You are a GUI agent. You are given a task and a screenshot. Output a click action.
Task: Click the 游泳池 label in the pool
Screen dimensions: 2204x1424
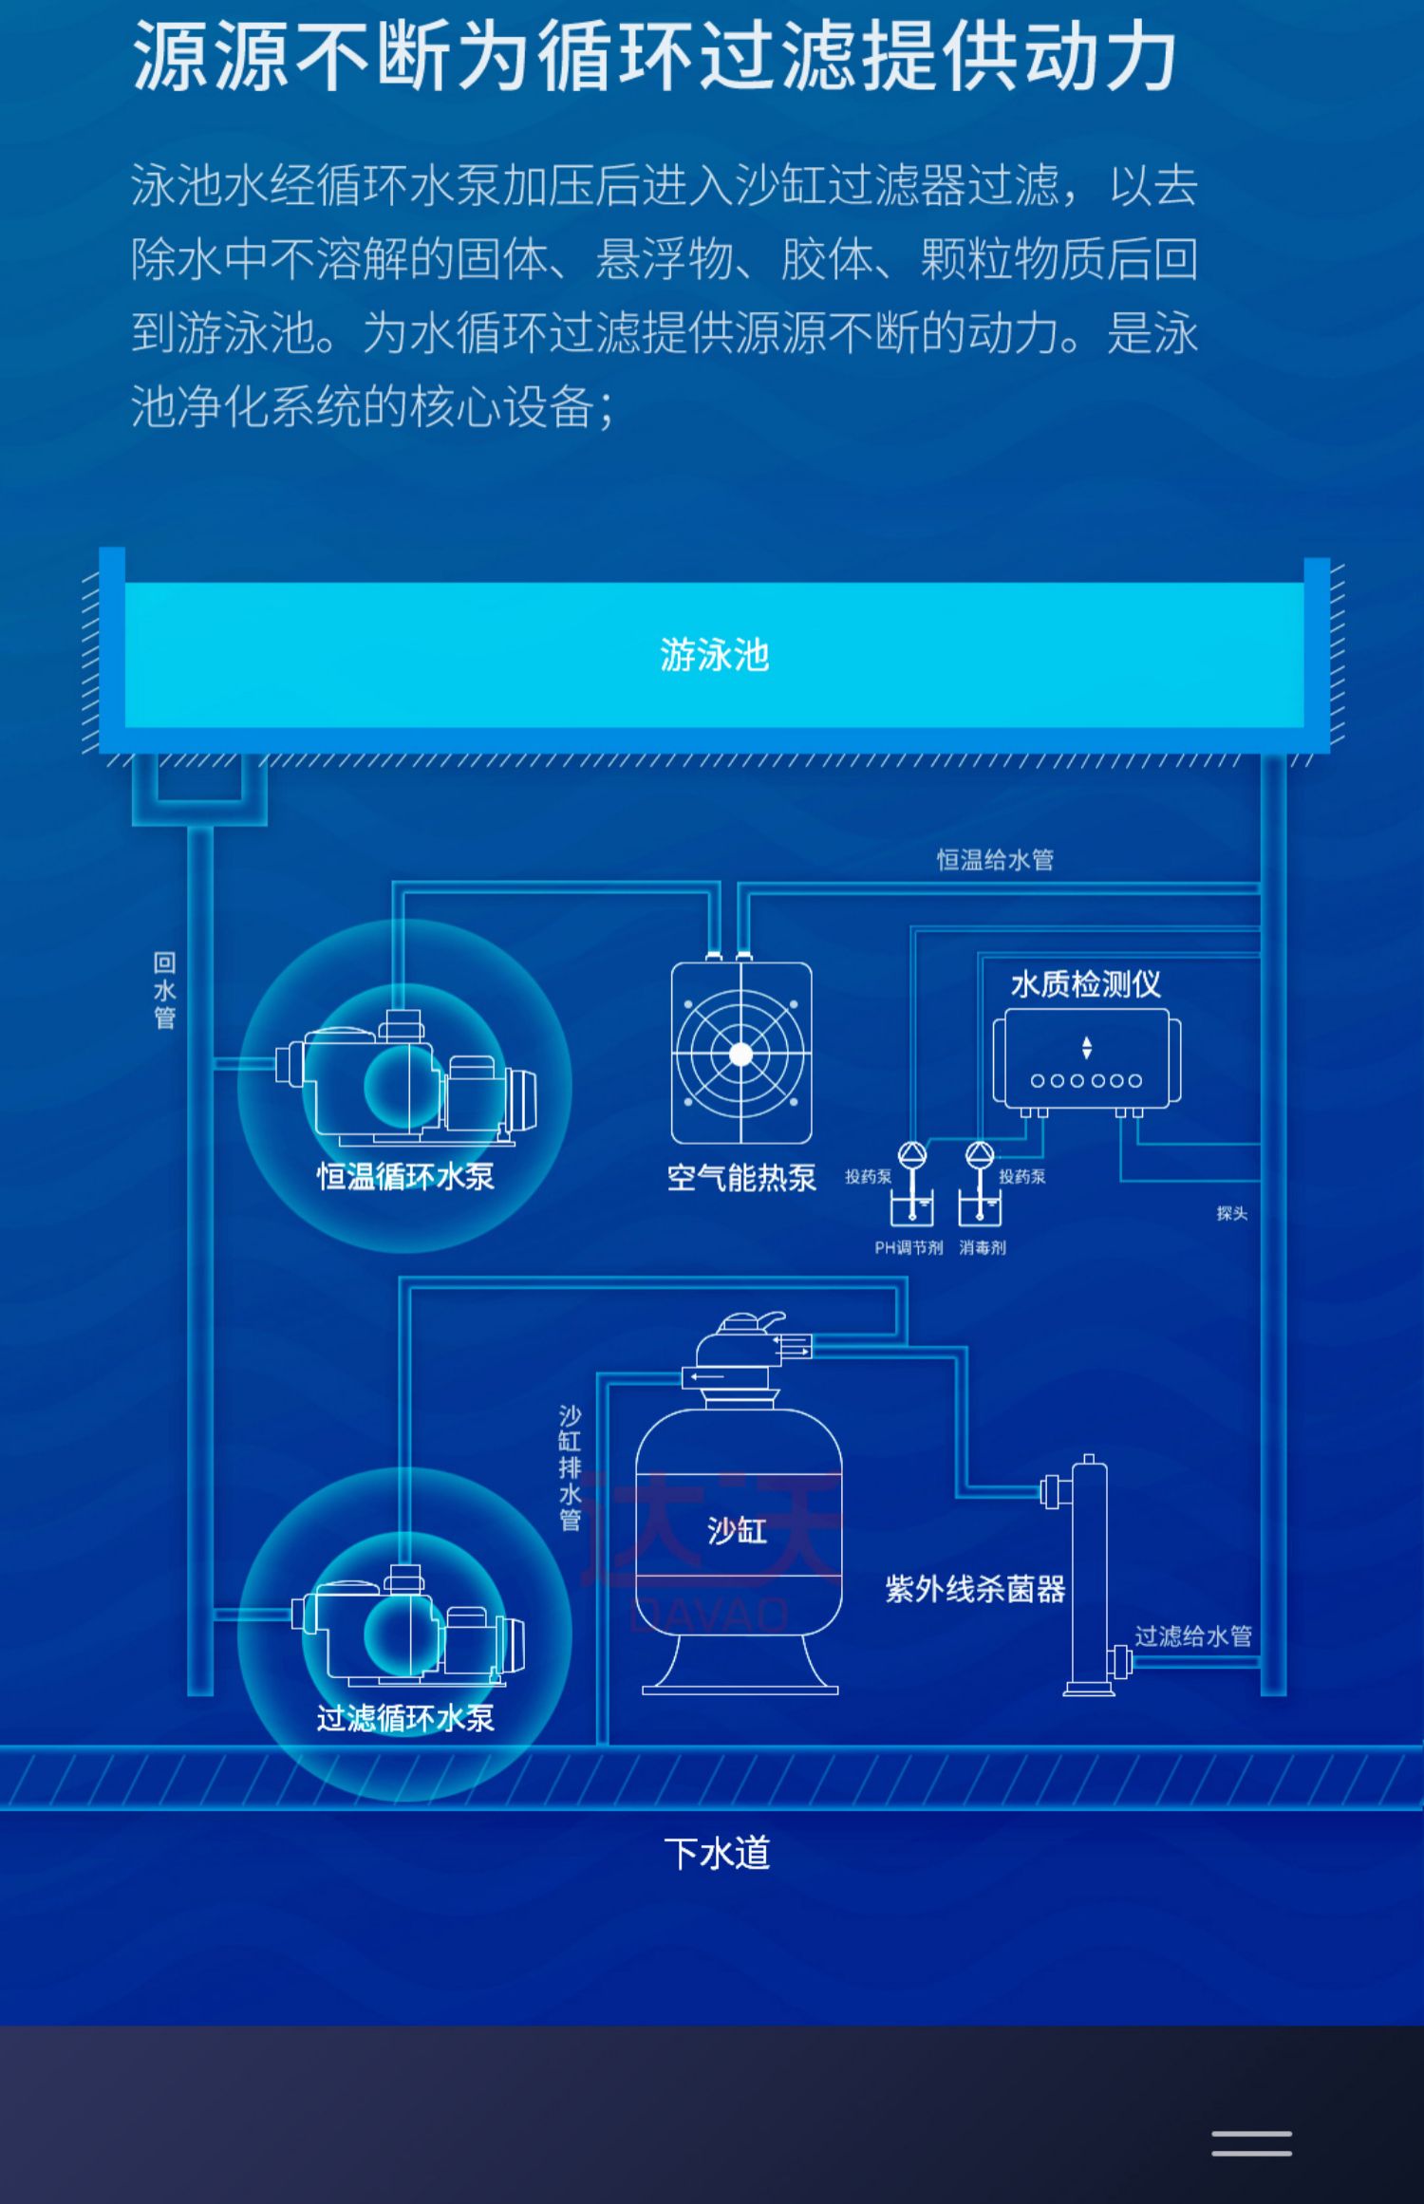[714, 655]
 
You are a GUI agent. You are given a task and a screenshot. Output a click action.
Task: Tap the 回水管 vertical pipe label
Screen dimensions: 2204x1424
[164, 991]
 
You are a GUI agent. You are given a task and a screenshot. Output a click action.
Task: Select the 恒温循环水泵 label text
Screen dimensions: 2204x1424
[405, 1177]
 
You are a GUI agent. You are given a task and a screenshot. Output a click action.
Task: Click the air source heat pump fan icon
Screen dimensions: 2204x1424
[741, 1054]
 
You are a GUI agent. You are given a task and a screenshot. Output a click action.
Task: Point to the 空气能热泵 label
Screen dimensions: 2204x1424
[741, 1178]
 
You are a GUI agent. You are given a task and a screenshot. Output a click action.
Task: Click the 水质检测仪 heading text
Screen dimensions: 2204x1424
[1085, 984]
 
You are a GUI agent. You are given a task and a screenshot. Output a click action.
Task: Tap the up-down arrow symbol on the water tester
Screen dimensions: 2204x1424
[1087, 1048]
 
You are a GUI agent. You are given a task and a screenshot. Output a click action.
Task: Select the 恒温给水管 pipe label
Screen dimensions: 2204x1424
[995, 860]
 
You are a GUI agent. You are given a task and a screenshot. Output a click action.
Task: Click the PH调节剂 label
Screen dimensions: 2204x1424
[909, 1247]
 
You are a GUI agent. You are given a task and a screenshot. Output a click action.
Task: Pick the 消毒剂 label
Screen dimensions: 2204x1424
[983, 1247]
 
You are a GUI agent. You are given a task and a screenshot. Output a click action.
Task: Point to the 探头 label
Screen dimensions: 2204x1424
[1231, 1213]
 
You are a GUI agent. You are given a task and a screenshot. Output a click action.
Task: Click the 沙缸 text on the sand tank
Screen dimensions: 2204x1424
[737, 1530]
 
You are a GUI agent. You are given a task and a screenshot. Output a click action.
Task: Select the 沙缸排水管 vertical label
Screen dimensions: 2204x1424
[570, 1467]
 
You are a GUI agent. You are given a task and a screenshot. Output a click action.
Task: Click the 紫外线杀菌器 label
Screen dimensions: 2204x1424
[975, 1589]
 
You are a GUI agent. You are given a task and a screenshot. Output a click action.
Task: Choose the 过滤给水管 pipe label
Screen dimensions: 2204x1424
[1193, 1635]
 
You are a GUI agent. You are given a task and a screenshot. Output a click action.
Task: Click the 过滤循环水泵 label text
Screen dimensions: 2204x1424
[405, 1718]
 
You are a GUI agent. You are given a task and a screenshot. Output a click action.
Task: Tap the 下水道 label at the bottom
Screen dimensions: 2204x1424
[717, 1852]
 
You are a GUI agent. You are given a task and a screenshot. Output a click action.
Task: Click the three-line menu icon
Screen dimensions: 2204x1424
[1251, 2143]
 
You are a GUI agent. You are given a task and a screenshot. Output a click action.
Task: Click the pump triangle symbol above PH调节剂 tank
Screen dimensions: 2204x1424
[912, 1154]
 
